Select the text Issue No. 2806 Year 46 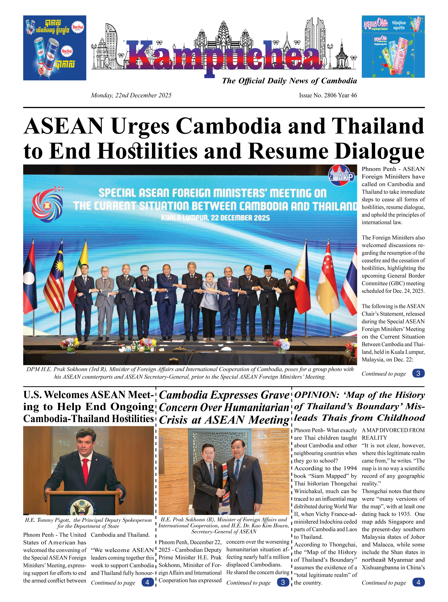(328, 95)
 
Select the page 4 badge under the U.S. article (147, 582)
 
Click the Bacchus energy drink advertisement (54, 48)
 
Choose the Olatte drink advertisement (393, 47)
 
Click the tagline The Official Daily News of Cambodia (289, 81)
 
